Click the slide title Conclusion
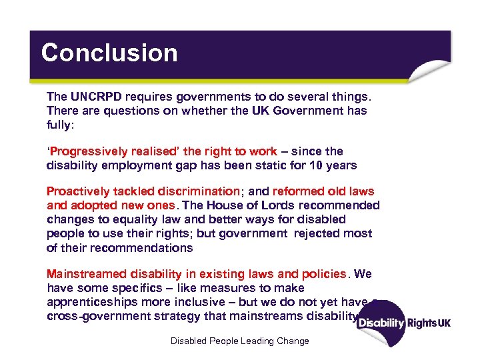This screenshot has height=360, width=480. (x=109, y=53)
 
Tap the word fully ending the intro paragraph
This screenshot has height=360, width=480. (x=59, y=124)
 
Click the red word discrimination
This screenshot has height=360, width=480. (x=196, y=192)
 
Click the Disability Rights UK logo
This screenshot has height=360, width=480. (x=403, y=322)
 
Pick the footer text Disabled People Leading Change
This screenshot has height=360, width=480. (x=240, y=341)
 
